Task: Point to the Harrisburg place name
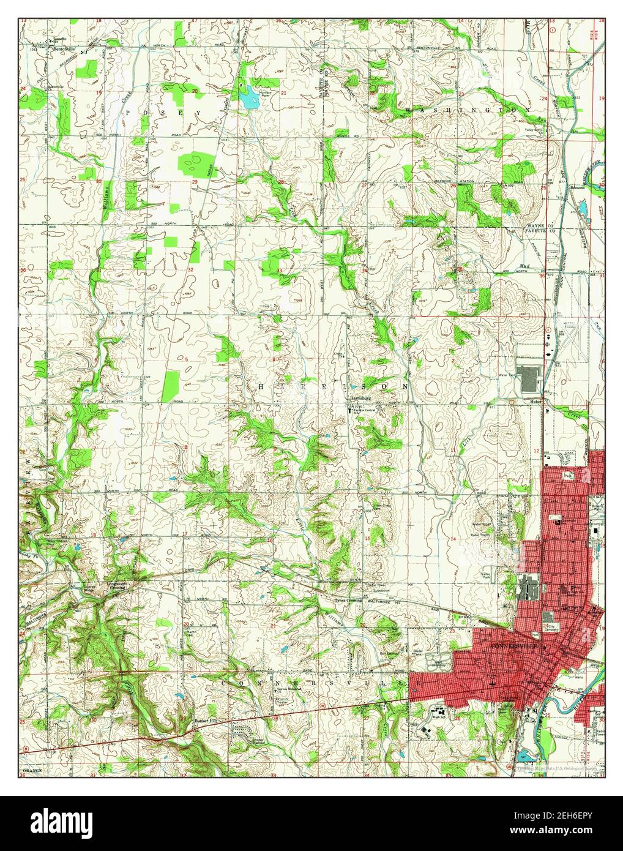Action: click(360, 398)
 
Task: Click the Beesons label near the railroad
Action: click(578, 187)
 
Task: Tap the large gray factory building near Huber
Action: click(528, 379)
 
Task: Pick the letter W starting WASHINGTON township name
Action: click(407, 109)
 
